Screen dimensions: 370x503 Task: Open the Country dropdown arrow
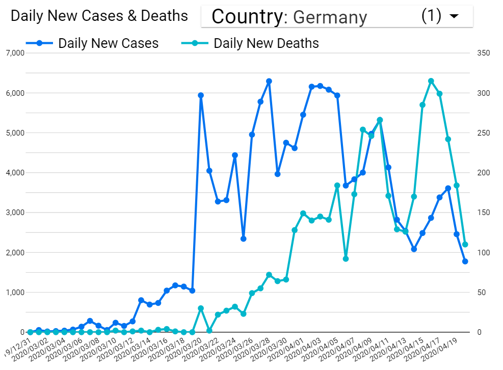454,16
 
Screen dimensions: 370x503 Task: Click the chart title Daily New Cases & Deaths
99,16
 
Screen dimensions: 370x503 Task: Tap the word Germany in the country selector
330,17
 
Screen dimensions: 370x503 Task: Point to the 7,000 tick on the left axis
15,54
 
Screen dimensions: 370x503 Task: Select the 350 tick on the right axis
483,54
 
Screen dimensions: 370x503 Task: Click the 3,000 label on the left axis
15,213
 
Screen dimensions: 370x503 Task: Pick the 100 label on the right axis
483,253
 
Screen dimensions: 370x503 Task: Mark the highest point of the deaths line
431,81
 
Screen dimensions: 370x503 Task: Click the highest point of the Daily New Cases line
269,81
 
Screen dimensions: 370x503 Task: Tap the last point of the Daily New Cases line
465,261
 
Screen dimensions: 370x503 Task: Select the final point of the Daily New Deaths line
465,245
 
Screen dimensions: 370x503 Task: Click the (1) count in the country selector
431,16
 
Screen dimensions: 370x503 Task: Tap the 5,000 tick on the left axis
15,133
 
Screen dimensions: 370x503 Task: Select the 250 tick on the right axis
483,133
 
